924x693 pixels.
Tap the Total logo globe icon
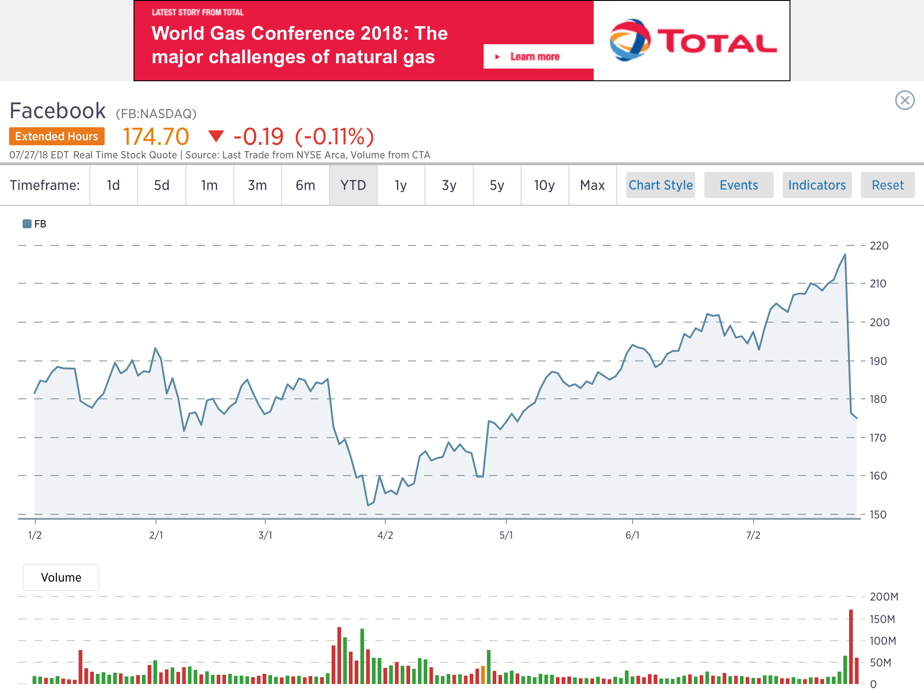629,40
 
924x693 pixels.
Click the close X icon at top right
905,100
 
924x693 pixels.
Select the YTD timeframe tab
353,185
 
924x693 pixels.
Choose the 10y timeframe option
544,185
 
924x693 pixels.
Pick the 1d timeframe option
113,185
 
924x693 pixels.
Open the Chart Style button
661,185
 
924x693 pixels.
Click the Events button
739,185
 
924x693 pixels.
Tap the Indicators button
817,185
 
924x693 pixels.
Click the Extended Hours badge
57,136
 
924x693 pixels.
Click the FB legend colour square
27,224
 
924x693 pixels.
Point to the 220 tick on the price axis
879,246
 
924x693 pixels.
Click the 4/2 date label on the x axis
385,536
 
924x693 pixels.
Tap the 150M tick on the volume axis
882,619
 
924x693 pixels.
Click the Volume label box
61,577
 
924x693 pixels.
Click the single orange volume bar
483,675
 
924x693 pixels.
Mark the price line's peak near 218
845,255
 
